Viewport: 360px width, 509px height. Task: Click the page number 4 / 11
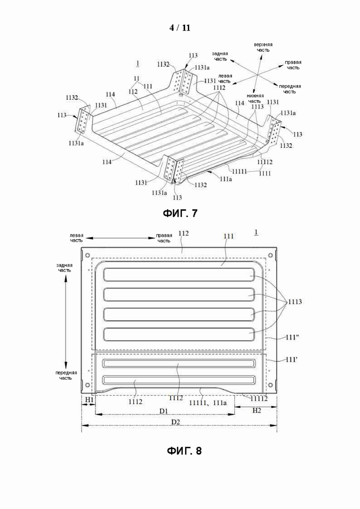click(180, 28)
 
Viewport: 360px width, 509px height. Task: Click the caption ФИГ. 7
click(180, 213)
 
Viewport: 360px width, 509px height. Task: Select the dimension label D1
click(163, 411)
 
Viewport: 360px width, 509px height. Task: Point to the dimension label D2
click(176, 422)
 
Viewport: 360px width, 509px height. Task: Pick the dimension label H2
click(257, 411)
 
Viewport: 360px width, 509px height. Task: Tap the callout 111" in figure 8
click(292, 338)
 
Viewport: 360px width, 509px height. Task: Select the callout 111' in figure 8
click(291, 359)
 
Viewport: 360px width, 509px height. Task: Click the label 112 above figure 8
click(184, 233)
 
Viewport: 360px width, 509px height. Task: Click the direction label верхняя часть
click(263, 47)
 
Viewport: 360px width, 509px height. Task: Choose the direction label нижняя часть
click(255, 98)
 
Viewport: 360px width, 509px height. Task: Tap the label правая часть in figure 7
click(293, 65)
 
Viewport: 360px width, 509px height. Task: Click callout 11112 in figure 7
click(265, 162)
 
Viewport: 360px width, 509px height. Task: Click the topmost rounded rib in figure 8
click(179, 275)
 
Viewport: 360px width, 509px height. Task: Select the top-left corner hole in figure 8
click(87, 255)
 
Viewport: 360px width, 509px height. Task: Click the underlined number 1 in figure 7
click(138, 63)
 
